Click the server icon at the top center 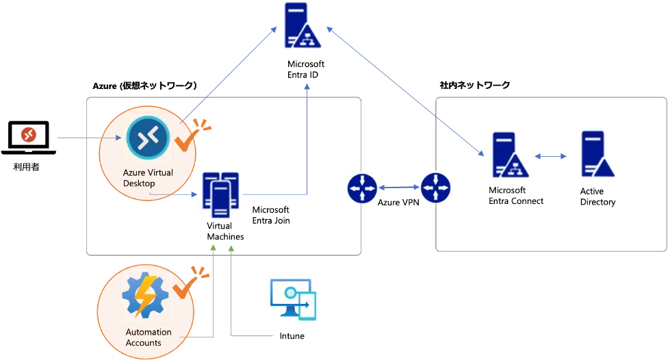(301, 28)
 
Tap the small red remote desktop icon (27, 135)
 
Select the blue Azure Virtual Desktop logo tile (147, 138)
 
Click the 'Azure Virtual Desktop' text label (148, 179)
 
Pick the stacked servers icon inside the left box (220, 194)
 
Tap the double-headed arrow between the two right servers (552, 157)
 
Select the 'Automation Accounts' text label (148, 337)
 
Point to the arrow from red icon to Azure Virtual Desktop (86, 140)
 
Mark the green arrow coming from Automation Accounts (215, 294)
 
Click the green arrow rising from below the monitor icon (233, 294)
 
